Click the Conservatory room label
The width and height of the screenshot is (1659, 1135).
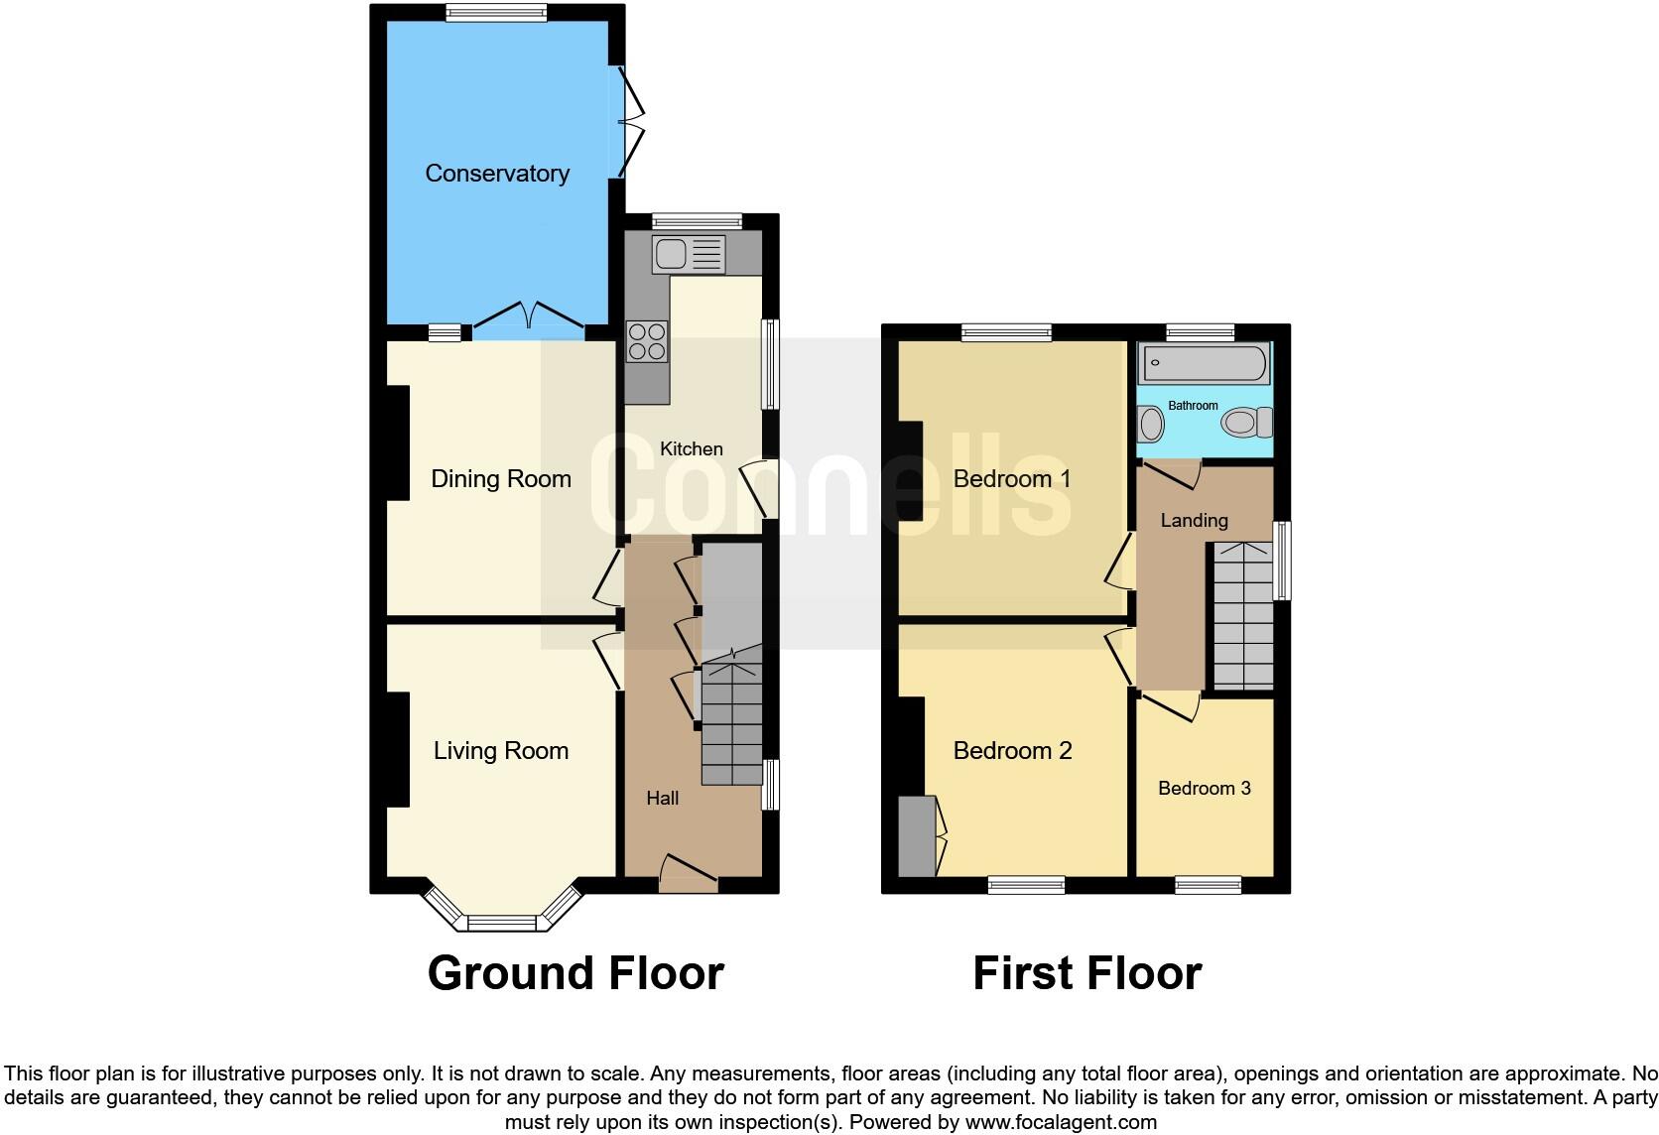click(497, 174)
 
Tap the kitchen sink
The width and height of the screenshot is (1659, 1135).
click(689, 255)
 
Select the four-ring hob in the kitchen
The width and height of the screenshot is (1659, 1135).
click(647, 342)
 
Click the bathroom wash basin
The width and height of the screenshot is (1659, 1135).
click(1151, 425)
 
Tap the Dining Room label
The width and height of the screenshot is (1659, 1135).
click(500, 479)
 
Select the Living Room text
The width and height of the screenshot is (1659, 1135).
click(500, 751)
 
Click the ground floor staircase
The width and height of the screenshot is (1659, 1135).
click(732, 724)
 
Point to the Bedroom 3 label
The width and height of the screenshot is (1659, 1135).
click(1204, 789)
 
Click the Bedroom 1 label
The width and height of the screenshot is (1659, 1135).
click(1011, 479)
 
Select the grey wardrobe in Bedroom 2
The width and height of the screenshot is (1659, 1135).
click(916, 836)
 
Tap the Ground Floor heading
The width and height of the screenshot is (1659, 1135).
click(575, 973)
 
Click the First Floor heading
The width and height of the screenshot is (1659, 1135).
click(1086, 973)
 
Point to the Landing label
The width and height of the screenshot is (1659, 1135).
click(1194, 521)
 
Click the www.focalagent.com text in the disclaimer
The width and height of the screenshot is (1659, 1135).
click(1061, 1123)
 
